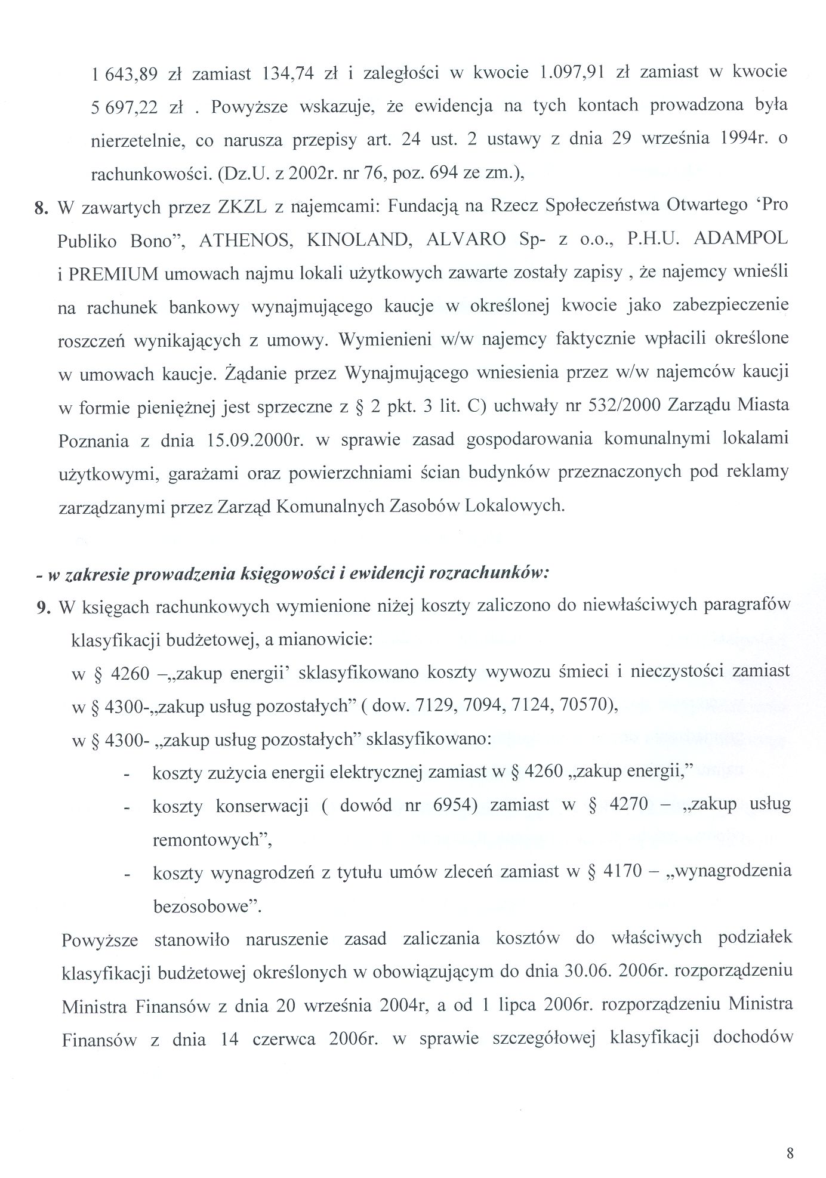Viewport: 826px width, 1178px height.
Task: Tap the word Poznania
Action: (x=94, y=440)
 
